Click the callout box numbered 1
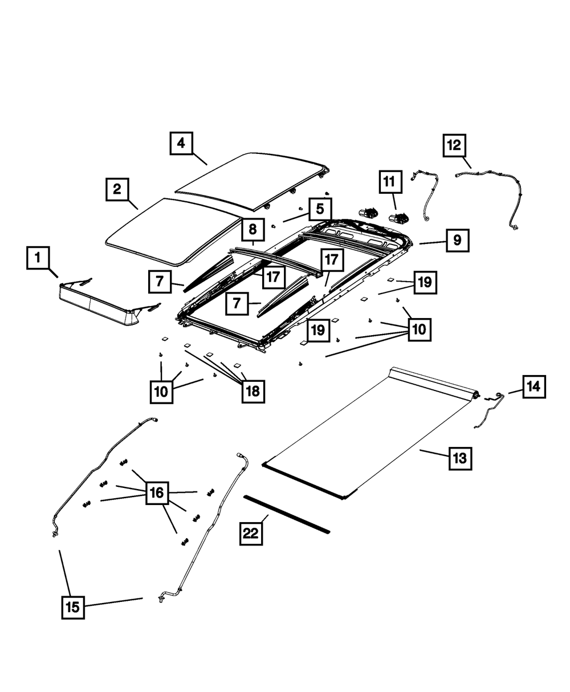[x=38, y=259]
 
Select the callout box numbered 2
[x=116, y=189]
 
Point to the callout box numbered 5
[x=320, y=209]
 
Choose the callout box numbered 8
[x=252, y=230]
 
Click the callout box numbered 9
[x=457, y=241]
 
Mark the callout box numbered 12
[x=455, y=145]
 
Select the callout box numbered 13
[x=460, y=457]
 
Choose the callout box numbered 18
[x=253, y=390]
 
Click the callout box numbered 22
[x=251, y=534]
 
